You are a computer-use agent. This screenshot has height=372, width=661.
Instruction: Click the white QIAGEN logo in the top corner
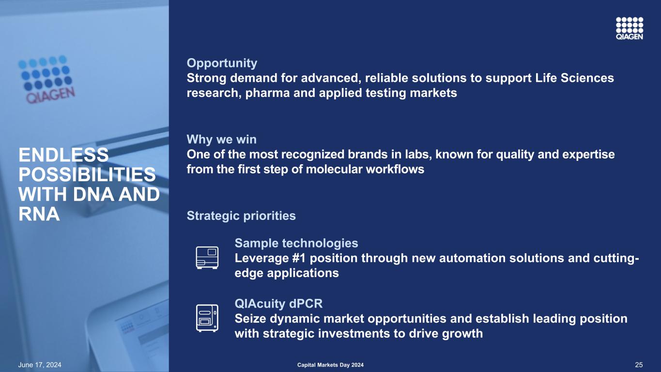click(630, 29)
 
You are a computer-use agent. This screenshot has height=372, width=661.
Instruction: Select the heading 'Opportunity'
click(222, 63)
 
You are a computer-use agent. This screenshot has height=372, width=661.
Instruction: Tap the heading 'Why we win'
click(222, 139)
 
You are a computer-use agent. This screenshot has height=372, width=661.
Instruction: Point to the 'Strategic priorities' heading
click(241, 216)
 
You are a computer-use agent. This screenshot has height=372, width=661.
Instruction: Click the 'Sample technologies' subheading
click(296, 243)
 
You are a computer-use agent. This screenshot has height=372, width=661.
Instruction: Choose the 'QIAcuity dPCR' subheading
click(278, 304)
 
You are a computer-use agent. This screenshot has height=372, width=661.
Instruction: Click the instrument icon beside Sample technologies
click(207, 258)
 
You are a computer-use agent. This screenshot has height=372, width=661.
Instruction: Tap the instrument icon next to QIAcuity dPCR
click(207, 318)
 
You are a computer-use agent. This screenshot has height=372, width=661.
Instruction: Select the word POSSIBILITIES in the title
click(87, 174)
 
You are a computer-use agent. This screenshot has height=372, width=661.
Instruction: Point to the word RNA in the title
click(39, 214)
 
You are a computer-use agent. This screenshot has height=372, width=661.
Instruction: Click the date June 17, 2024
click(40, 365)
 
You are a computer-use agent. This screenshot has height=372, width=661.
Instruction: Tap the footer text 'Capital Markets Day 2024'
click(330, 365)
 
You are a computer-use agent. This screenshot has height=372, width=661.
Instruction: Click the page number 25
click(639, 365)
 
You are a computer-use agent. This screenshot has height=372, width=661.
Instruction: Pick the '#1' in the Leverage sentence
click(299, 258)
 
